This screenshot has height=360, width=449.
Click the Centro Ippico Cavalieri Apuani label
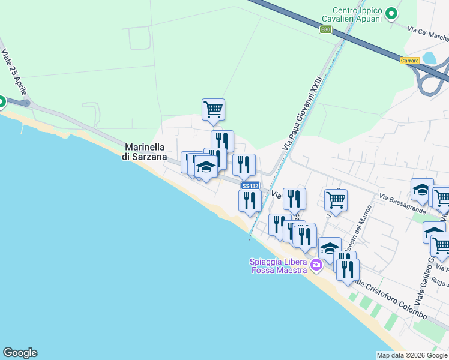[358, 15]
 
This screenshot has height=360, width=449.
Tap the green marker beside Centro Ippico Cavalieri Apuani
[391, 13]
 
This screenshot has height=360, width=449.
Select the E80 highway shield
[325, 29]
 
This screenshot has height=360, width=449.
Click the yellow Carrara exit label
[409, 61]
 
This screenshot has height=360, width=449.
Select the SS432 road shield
[250, 186]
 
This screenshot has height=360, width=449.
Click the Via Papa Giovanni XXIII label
[303, 113]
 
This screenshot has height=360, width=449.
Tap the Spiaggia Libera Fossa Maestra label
[279, 265]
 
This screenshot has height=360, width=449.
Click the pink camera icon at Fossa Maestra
[316, 265]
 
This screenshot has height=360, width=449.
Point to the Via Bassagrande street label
[403, 203]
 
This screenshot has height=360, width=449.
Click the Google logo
[20, 353]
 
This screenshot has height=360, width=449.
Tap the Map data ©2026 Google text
[412, 355]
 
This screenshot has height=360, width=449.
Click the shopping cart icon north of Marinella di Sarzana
[213, 110]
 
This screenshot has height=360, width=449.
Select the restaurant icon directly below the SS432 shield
[250, 201]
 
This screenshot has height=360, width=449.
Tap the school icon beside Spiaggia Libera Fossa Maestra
[330, 248]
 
